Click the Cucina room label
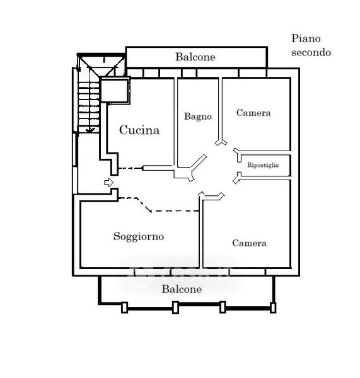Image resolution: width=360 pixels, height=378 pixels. coord(139,130)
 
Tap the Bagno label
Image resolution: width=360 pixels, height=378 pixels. coord(198,117)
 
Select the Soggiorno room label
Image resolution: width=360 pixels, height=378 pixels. coord(139,236)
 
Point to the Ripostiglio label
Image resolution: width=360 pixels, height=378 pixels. coord(263,165)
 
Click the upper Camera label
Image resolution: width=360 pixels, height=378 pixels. coord(253,113)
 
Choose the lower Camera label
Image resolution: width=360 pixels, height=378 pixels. coord(249,243)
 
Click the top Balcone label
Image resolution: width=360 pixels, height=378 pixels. coord(195,57)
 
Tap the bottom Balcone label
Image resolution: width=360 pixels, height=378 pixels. coord(182,289)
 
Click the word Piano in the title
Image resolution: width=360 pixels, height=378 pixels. coord(306,38)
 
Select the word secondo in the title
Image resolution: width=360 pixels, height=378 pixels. coord(311,52)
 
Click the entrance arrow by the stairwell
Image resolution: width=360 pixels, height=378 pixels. coord(109,182)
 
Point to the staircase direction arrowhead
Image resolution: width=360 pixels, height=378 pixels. coord(90,130)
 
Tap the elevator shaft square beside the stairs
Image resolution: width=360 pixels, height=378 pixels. coord(114,90)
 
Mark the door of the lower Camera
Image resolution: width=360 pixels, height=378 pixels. coord(212,196)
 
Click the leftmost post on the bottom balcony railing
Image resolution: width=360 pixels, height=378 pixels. coord(124,307)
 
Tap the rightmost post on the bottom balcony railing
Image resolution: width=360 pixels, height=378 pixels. coord(273,307)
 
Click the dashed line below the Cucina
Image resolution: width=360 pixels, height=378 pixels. coord(131,168)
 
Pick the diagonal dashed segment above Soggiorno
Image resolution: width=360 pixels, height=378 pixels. coord(144,205)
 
